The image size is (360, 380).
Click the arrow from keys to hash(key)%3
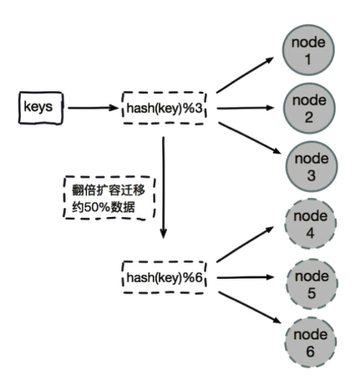click(92, 108)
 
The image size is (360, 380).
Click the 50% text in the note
click(94, 205)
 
